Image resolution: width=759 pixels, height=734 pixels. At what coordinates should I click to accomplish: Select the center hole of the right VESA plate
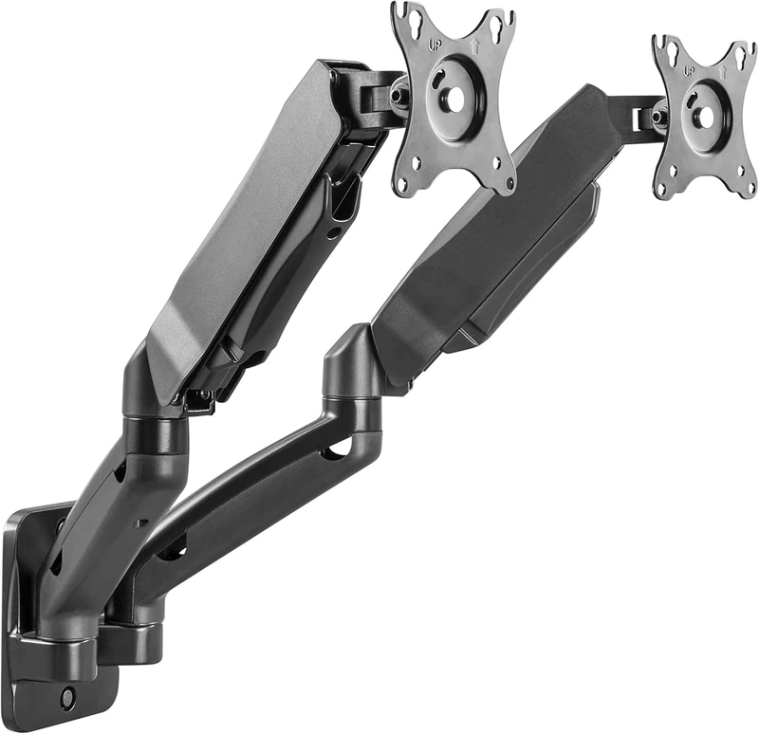pyautogui.click(x=704, y=118)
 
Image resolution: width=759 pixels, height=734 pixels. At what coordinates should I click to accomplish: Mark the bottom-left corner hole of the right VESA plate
pyautogui.click(x=664, y=186)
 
